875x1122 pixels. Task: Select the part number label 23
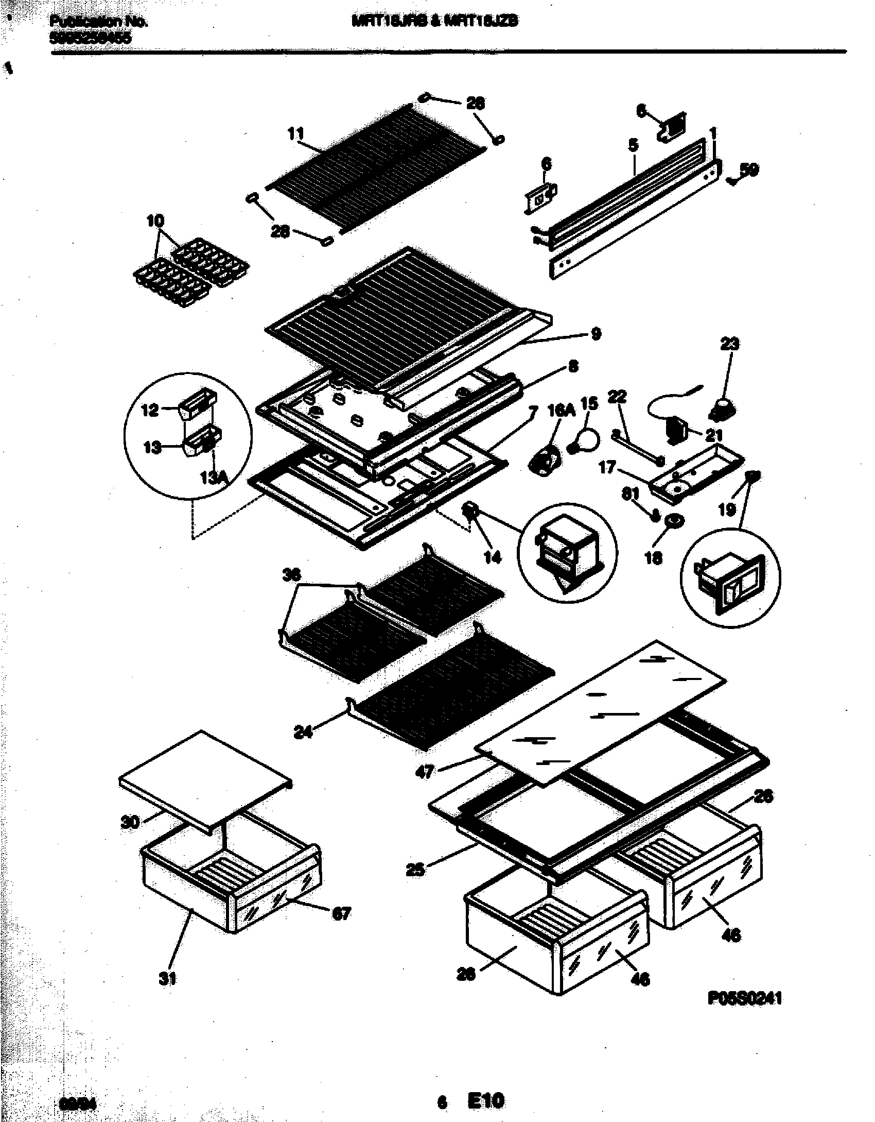[729, 344]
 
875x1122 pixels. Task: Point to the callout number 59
[749, 169]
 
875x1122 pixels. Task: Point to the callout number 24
[303, 732]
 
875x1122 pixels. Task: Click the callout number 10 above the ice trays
[155, 222]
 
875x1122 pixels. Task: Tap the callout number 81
[630, 494]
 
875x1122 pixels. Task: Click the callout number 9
[596, 334]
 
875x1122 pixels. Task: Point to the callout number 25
[415, 870]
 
